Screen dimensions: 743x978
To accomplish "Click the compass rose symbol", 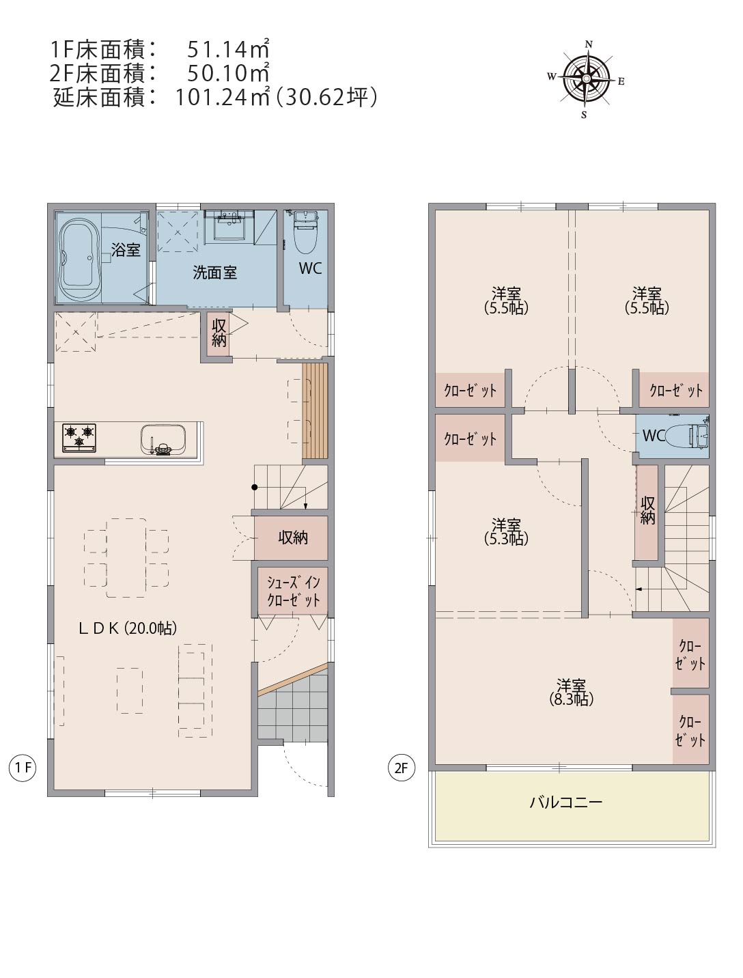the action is pos(586,79).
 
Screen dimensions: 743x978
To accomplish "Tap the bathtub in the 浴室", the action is pos(79,258).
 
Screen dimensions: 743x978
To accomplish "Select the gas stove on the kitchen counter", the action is pos(79,438).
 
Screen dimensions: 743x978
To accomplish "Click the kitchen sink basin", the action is pos(163,439).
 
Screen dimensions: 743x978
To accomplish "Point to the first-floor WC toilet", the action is pos(306,232).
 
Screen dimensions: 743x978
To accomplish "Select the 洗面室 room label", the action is pos(214,273).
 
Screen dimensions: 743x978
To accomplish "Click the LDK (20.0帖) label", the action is pos(128,628).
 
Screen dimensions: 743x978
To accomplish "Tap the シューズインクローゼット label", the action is pos(294,591).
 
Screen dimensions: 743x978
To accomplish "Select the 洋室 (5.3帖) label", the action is pos(506,531).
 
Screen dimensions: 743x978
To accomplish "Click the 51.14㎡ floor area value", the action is pos(227,49).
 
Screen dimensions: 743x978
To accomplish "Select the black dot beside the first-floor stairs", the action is pos(254,487).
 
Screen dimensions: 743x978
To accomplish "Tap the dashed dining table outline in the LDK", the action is pos(126,557).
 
